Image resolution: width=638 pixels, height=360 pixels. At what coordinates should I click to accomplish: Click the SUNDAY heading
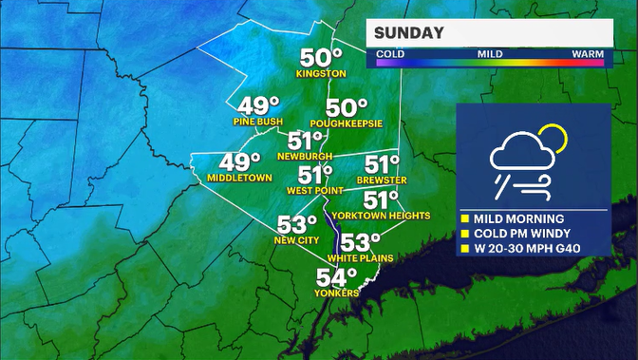point(410,34)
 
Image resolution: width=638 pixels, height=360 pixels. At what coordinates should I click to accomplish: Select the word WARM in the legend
point(588,55)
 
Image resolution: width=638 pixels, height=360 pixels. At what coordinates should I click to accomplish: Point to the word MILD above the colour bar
point(489,55)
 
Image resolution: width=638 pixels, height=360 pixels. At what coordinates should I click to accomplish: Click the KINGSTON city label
point(320,73)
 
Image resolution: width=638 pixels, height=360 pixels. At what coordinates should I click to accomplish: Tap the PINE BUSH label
point(257,123)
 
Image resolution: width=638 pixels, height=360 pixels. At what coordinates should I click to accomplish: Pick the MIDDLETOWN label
point(239,178)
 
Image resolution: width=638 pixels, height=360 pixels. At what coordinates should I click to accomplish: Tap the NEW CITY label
point(297,241)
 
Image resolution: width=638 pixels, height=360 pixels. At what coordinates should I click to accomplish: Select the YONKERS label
point(338,294)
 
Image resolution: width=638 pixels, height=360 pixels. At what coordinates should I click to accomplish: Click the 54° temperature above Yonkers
point(337,277)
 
